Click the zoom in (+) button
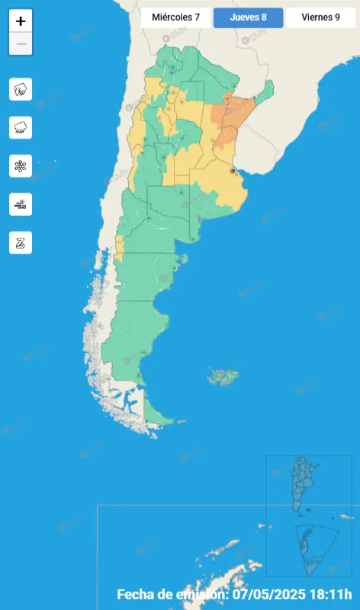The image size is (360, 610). pos(21,21)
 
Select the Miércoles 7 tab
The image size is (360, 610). pos(175,17)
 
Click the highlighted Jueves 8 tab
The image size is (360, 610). pos(248,17)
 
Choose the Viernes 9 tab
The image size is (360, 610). pos(320,17)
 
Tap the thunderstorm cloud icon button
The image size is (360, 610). pos(21,89)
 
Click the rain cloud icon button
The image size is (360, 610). pos(21,127)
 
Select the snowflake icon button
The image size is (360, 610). pos(21,165)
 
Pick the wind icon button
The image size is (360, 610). pos(21,204)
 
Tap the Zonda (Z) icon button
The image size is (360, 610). pos(21,242)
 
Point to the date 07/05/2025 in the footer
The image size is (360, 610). pos(268,594)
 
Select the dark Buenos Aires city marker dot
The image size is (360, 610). pos(233,174)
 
